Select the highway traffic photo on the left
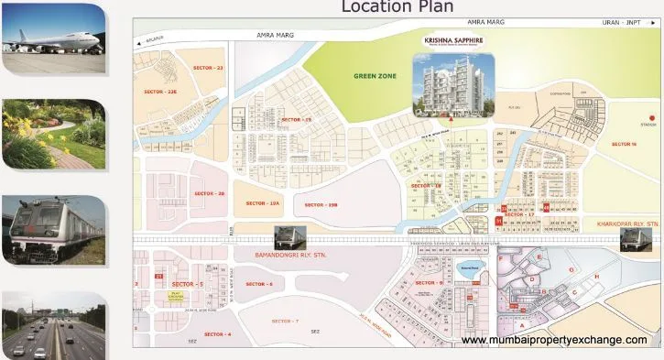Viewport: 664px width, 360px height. (53, 325)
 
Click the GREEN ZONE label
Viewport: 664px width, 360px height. (375, 77)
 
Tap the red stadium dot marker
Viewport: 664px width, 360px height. (651, 117)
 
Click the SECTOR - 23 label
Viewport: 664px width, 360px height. (207, 68)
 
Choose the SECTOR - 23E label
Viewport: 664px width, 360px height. (160, 92)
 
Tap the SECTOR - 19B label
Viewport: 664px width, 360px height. (321, 204)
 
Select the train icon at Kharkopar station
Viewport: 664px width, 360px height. (633, 239)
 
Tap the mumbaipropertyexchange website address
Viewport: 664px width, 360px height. (555, 340)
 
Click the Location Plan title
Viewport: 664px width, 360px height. (397, 7)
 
